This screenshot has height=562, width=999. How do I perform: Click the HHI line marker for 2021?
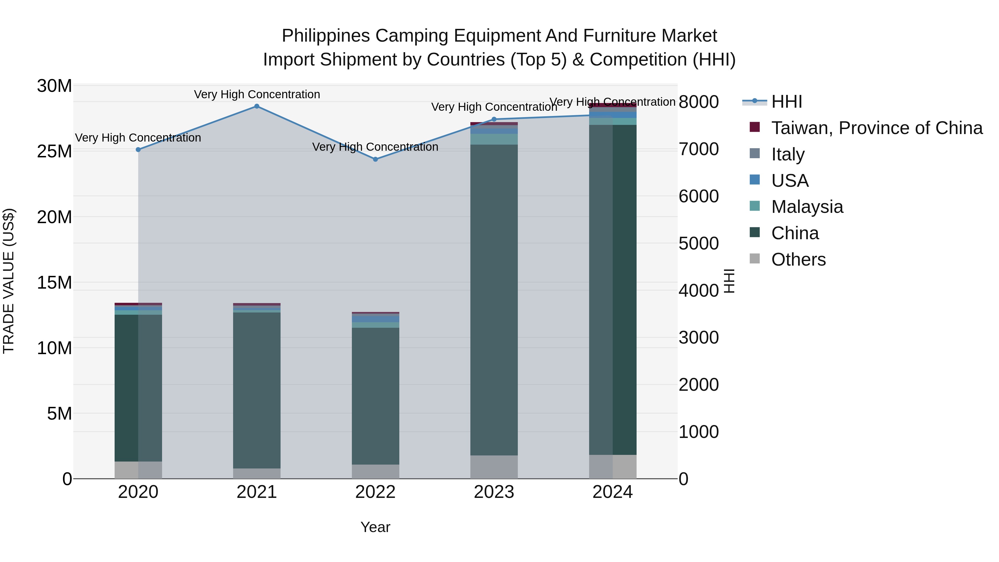257,106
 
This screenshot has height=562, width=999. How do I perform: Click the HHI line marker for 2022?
375,159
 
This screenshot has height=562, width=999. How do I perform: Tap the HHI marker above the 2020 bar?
138,150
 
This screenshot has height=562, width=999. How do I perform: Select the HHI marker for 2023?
494,119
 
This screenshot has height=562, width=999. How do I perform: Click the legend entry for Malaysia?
807,207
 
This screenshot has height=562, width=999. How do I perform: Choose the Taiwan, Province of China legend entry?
876,128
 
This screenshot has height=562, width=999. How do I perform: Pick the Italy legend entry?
787,154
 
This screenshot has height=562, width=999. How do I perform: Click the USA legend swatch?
755,180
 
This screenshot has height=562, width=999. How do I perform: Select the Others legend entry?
798,259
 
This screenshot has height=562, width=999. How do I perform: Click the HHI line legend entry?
786,102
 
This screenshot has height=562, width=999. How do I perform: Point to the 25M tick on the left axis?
54,152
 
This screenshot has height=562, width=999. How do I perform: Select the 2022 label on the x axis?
375,492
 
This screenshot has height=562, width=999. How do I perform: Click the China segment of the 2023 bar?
494,299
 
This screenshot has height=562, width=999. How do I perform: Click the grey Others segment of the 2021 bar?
257,473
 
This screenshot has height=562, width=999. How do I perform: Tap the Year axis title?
375,527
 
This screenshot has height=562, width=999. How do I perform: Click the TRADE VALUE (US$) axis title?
9,281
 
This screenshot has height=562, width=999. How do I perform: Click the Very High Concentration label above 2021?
257,94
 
